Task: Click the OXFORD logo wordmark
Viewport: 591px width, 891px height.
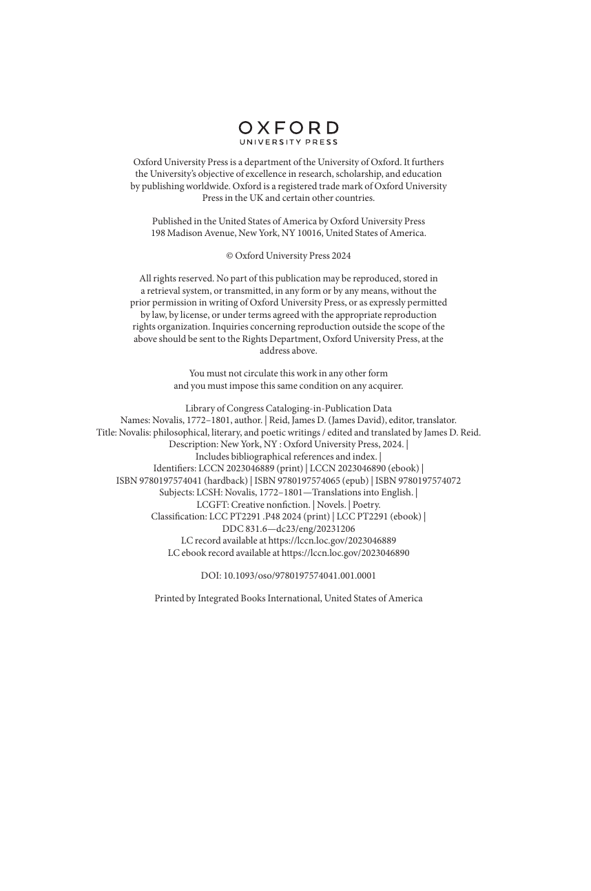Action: pyautogui.click(x=289, y=128)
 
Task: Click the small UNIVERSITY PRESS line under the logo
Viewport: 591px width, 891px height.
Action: pyautogui.click(x=289, y=142)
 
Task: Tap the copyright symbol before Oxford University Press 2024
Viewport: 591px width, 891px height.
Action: pyautogui.click(x=229, y=256)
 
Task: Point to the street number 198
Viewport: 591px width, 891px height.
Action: pyautogui.click(x=158, y=233)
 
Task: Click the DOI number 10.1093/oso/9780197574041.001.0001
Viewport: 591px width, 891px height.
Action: pyautogui.click(x=300, y=576)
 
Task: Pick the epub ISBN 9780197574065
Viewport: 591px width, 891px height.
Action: pyautogui.click(x=310, y=481)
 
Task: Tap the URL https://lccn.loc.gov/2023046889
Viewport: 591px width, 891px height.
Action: pyautogui.click(x=332, y=541)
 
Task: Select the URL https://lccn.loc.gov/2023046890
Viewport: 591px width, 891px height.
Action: pyautogui.click(x=345, y=553)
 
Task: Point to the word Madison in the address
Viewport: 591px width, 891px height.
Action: pyautogui.click(x=185, y=233)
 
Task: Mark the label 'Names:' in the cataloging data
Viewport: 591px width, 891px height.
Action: pyautogui.click(x=135, y=420)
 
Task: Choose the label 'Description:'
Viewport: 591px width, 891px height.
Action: pyautogui.click(x=193, y=444)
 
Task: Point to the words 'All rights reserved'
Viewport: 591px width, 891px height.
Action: pyautogui.click(x=176, y=279)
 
